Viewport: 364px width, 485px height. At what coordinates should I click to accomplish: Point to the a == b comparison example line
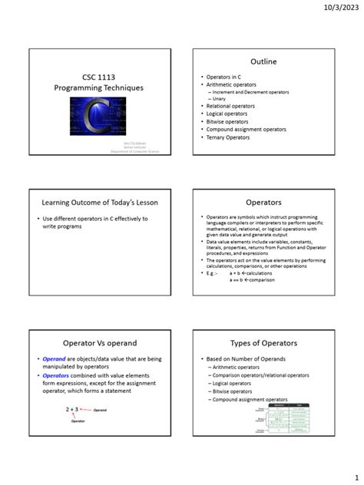pos(252,279)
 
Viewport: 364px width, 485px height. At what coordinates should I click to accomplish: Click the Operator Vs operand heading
pos(98,343)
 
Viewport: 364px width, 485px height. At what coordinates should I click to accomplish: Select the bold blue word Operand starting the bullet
pos(54,359)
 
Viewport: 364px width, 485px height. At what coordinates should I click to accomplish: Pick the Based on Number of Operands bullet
pos(245,359)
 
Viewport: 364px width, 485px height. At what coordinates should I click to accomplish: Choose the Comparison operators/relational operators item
pos(261,375)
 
